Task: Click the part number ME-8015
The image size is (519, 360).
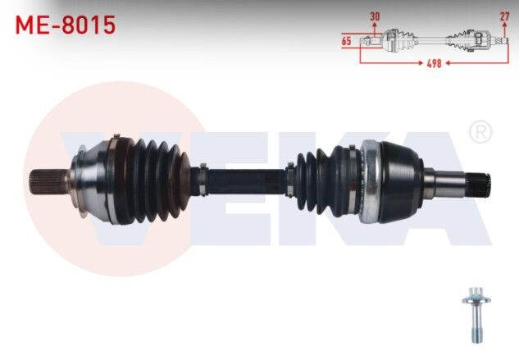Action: click(66, 25)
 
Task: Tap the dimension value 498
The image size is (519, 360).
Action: click(434, 63)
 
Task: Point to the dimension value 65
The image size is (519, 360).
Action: click(346, 41)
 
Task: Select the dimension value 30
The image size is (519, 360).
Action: click(375, 16)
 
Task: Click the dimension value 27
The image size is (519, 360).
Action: click(504, 16)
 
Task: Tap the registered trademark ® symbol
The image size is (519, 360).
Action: click(480, 132)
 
